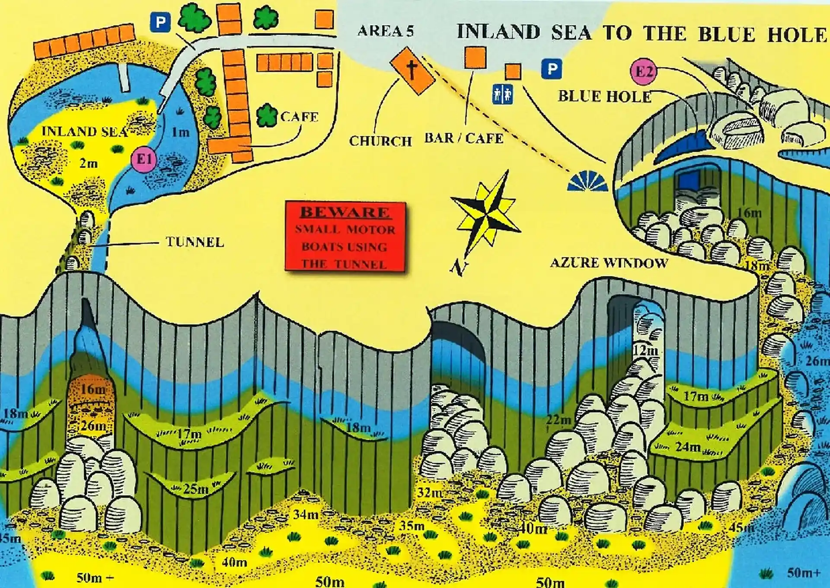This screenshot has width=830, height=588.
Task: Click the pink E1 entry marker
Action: [144, 159]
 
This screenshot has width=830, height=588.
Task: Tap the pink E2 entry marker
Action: [643, 71]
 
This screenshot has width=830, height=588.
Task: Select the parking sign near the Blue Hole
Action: [552, 69]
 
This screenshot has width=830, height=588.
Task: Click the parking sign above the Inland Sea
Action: [160, 22]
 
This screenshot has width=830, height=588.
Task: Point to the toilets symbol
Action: [502, 94]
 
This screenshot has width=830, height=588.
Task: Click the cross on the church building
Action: [412, 70]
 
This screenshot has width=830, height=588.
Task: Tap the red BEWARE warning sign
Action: [345, 237]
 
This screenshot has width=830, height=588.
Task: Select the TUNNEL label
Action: [195, 242]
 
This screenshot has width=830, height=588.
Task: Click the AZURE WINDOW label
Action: [609, 263]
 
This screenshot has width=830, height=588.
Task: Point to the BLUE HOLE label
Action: [604, 96]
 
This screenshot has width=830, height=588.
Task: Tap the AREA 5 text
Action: [386, 31]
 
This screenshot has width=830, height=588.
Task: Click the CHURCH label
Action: [380, 141]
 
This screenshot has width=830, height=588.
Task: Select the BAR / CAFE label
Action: [464, 138]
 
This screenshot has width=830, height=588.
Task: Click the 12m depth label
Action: [645, 351]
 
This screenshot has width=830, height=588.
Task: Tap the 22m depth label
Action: [559, 419]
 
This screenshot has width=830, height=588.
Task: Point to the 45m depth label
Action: [742, 527]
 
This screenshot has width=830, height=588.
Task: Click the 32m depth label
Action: [430, 492]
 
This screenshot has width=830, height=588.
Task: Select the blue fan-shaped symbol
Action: [587, 181]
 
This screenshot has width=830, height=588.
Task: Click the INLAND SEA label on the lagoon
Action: [85, 131]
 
